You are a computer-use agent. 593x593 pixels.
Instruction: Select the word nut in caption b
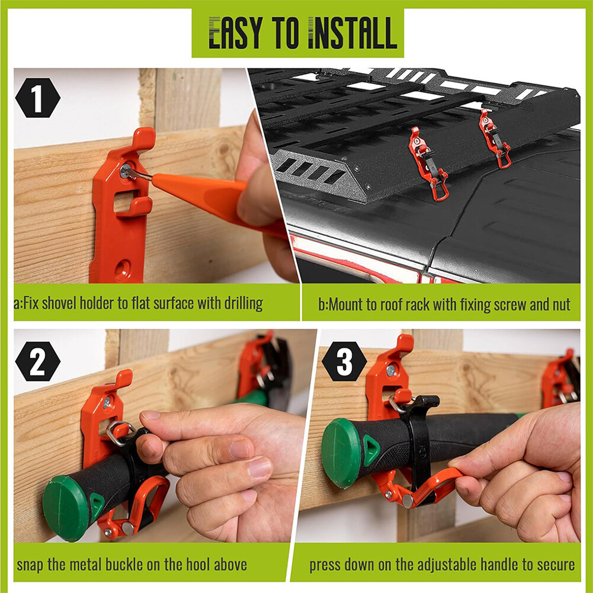[559, 305]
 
